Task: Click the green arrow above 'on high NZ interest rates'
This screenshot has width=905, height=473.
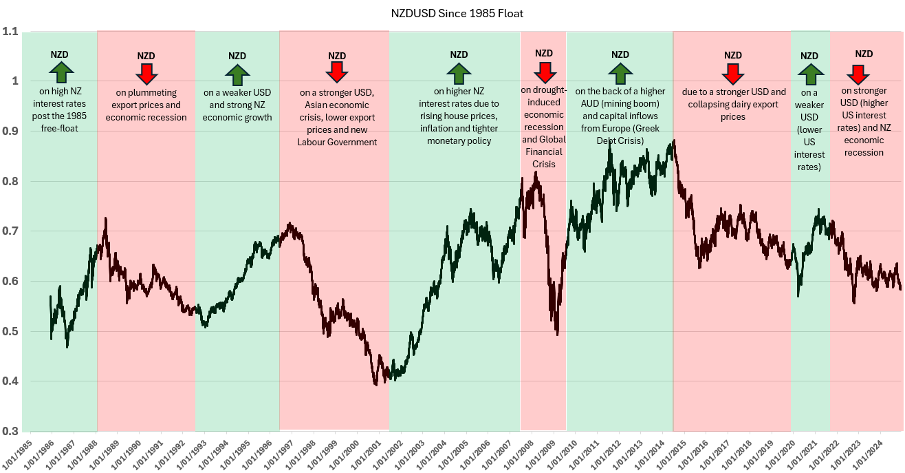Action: [x=61, y=72]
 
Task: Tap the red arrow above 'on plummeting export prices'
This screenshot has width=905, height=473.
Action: [x=146, y=72]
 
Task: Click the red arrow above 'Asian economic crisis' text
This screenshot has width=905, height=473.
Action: [x=337, y=72]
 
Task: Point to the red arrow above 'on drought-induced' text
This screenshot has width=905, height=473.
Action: [x=544, y=71]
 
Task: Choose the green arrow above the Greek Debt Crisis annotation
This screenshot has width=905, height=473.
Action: [x=620, y=72]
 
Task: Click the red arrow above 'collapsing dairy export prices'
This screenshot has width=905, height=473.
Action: [x=733, y=72]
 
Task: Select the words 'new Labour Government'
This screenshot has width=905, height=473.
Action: [x=337, y=142]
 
